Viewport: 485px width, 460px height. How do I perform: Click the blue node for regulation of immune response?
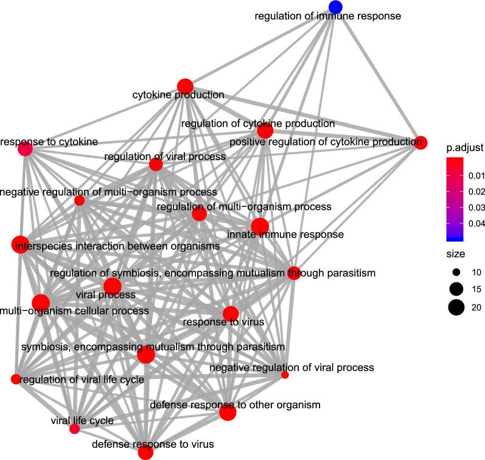(x=335, y=7)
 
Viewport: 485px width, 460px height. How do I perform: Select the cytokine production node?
(x=185, y=86)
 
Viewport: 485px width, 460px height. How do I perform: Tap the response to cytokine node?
(x=25, y=149)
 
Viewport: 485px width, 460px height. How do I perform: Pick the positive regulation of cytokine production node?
(x=419, y=143)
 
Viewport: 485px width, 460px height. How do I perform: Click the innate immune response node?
(x=260, y=226)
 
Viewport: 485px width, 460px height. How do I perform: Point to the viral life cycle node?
(x=74, y=429)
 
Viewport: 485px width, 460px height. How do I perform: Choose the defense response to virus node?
(x=145, y=451)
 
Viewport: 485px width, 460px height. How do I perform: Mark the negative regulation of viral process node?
(x=285, y=375)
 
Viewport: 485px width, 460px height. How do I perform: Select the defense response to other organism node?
(x=228, y=413)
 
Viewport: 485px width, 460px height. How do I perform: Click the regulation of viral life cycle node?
(x=15, y=379)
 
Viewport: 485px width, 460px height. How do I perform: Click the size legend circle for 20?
(x=455, y=307)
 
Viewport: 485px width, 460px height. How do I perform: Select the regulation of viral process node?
(x=156, y=164)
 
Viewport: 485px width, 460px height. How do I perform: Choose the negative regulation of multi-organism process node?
(x=79, y=200)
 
